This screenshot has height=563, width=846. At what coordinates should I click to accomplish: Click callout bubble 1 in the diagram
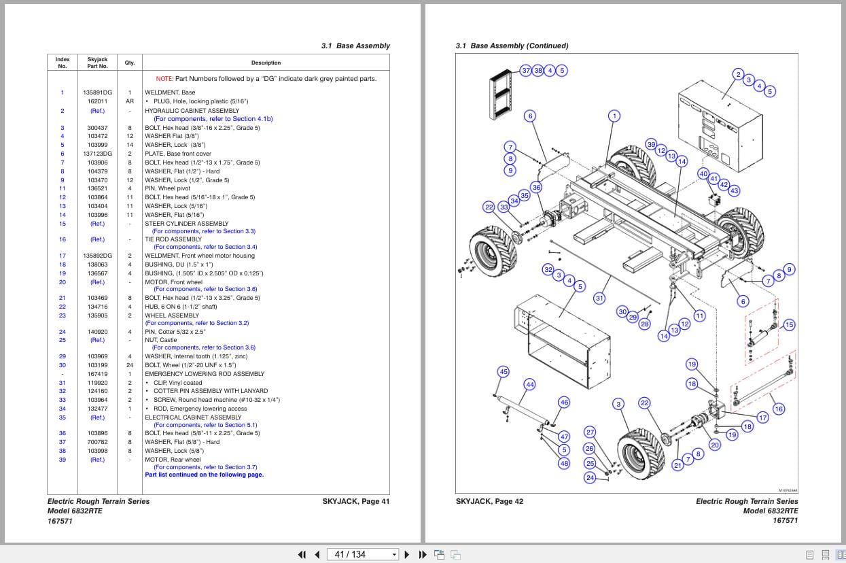(614, 116)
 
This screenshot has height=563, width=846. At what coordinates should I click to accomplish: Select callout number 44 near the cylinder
(530, 385)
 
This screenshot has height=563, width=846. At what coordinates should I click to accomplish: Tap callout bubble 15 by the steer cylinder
(789, 325)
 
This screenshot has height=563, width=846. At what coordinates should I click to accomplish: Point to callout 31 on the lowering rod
(599, 298)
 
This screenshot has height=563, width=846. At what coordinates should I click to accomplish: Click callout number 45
(504, 372)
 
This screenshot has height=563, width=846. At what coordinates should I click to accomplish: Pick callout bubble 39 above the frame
(651, 145)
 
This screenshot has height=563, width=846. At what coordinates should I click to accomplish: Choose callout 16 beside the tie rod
(779, 409)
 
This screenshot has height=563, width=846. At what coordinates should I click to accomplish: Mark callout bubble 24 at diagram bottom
(590, 478)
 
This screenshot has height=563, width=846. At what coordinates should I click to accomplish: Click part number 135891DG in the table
(97, 92)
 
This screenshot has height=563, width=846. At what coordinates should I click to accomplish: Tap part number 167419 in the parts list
(97, 374)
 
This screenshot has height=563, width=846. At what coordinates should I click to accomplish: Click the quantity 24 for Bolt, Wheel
(129, 365)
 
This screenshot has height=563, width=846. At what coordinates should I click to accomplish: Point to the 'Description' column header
(266, 63)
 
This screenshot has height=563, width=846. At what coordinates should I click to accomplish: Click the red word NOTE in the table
(164, 79)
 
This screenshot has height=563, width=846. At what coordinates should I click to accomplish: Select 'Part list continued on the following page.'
(204, 475)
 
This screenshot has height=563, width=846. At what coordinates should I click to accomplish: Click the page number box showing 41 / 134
(362, 554)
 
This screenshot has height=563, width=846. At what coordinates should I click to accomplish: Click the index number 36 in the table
(62, 433)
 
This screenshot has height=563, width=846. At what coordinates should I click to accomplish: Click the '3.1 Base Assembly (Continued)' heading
(512, 46)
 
